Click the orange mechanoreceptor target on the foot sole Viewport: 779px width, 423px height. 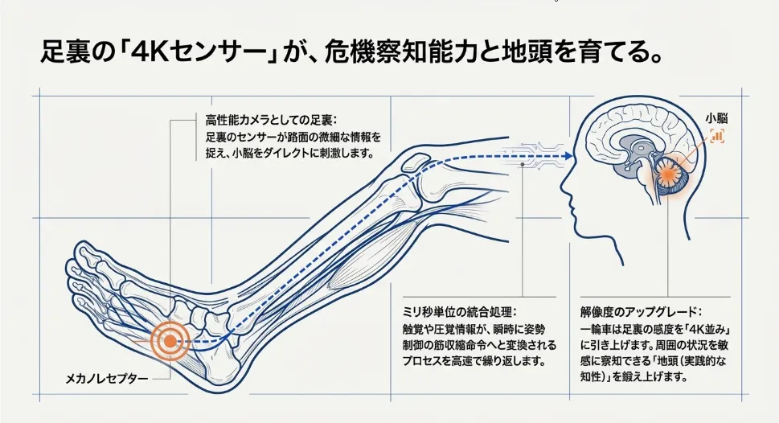click(169, 341)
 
